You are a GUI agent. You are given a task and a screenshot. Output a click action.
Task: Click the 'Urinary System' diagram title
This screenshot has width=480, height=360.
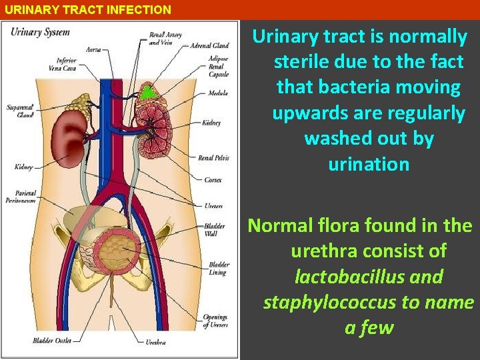[x=41, y=32]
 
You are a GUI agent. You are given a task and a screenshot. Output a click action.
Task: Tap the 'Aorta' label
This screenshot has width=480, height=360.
[x=93, y=49]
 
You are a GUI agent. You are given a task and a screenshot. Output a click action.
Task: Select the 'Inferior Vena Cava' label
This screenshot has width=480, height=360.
[x=71, y=64]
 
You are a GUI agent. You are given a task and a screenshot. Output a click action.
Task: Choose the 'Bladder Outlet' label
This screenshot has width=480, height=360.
[x=51, y=341]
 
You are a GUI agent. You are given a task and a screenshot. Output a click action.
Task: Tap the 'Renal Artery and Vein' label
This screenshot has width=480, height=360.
[x=165, y=38]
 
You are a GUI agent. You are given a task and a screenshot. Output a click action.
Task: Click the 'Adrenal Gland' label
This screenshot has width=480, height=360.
[x=209, y=46]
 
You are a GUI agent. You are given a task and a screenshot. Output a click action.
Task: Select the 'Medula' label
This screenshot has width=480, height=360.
[x=218, y=93]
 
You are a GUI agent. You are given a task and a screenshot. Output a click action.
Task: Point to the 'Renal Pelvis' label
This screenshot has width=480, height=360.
[x=213, y=158]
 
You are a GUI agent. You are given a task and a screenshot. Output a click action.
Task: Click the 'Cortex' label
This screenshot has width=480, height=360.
[x=213, y=180]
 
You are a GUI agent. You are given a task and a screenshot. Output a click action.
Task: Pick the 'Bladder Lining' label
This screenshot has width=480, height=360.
[x=217, y=269]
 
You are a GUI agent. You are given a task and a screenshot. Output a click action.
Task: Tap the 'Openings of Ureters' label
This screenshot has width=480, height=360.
[x=216, y=321]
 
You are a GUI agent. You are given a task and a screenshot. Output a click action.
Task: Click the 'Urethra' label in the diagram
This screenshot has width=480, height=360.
[x=156, y=342]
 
